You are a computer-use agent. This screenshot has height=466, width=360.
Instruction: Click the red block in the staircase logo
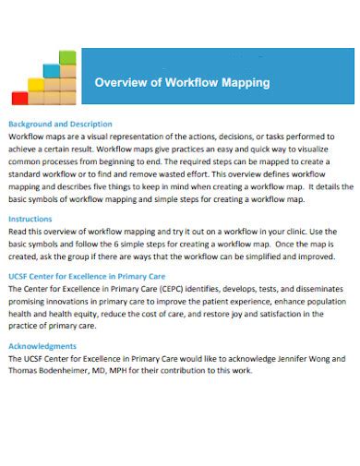click(x=19, y=97)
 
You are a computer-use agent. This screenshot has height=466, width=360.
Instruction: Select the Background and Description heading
click(x=60, y=124)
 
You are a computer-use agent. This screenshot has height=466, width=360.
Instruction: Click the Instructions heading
click(x=30, y=218)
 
